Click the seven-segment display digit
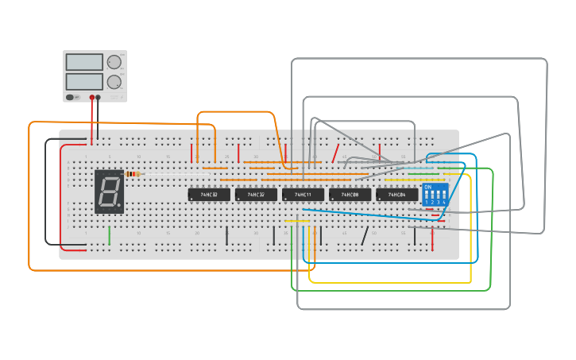110,192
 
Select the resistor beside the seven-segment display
133,174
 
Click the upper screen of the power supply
84,62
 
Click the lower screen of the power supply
84,81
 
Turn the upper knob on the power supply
114,62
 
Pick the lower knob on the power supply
114,81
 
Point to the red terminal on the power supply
92,98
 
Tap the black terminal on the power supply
99,98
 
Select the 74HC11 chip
303,195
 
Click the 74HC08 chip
350,195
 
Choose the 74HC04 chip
396,195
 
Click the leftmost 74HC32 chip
209,195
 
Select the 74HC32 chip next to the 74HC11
256,195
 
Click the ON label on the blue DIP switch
427,188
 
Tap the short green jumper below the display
110,235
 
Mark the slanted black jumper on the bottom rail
365,235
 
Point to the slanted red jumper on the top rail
336,153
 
